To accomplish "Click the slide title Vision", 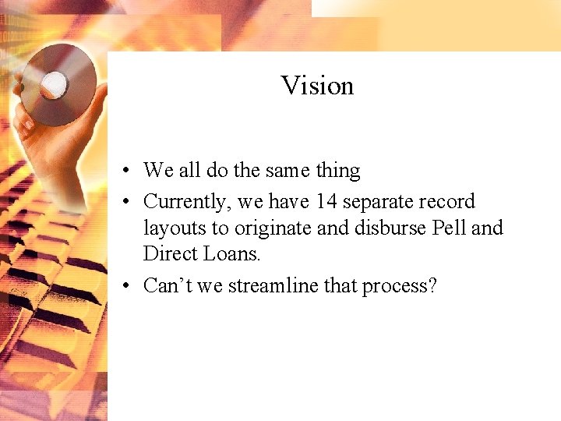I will pyautogui.click(x=317, y=85).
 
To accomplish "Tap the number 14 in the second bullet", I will pyautogui.click(x=326, y=202).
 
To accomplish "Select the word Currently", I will pyautogui.click(x=188, y=203).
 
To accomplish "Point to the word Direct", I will pyautogui.click(x=168, y=253).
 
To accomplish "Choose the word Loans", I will pyautogui.click(x=231, y=253).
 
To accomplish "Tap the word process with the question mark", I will pyautogui.click(x=399, y=286).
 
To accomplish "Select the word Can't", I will pyautogui.click(x=167, y=285).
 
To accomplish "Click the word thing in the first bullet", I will pyautogui.click(x=337, y=171).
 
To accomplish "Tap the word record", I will pyautogui.click(x=446, y=202).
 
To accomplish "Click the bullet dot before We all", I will pyautogui.click(x=125, y=171).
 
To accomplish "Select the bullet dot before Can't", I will pyautogui.click(x=125, y=286).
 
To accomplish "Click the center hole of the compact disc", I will pyautogui.click(x=55, y=83).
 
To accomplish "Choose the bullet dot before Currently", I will pyautogui.click(x=125, y=203).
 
